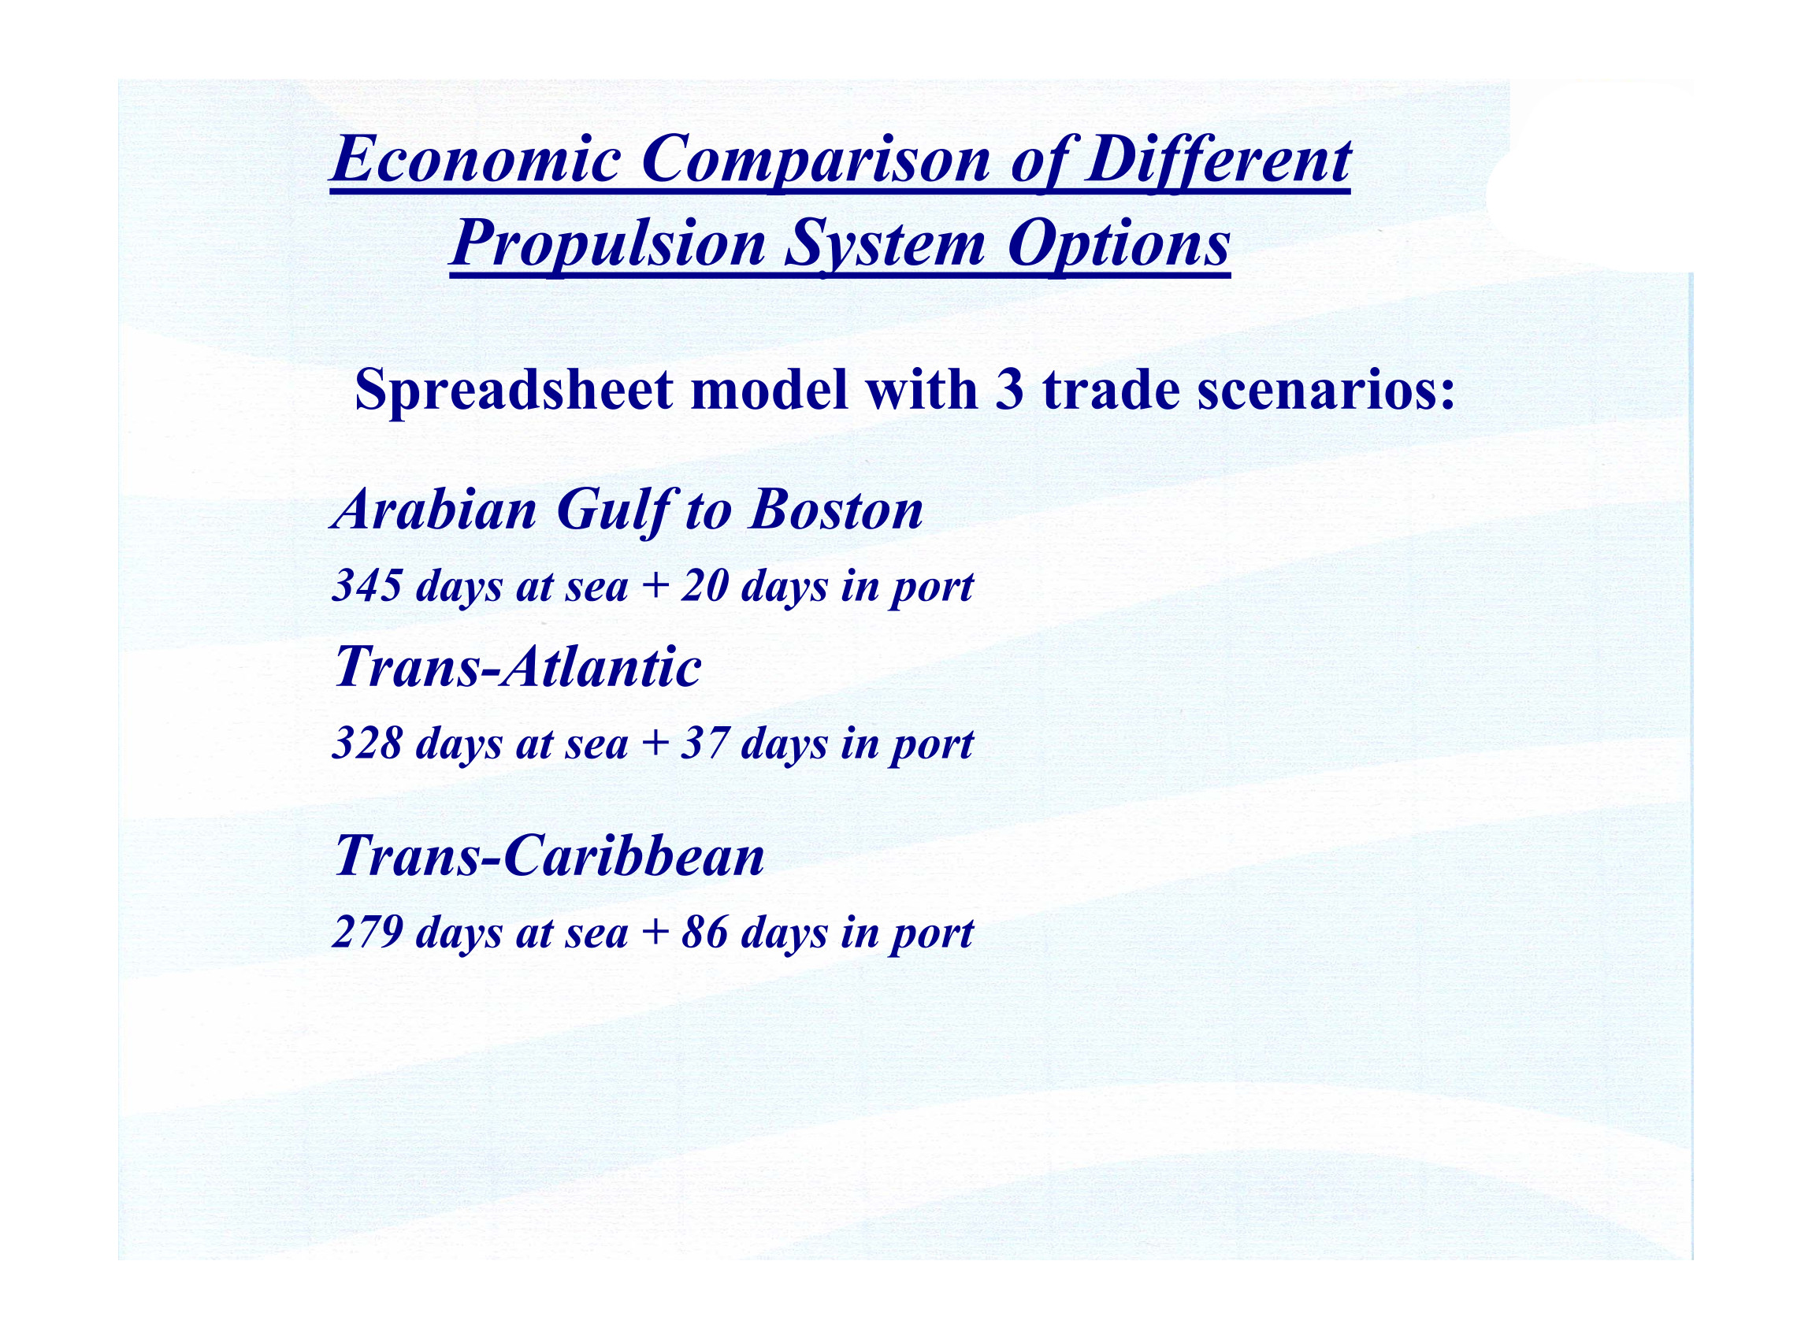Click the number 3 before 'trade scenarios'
1008,391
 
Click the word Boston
836,510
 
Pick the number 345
367,585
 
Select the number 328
367,743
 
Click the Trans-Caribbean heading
550,856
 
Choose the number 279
367,932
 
